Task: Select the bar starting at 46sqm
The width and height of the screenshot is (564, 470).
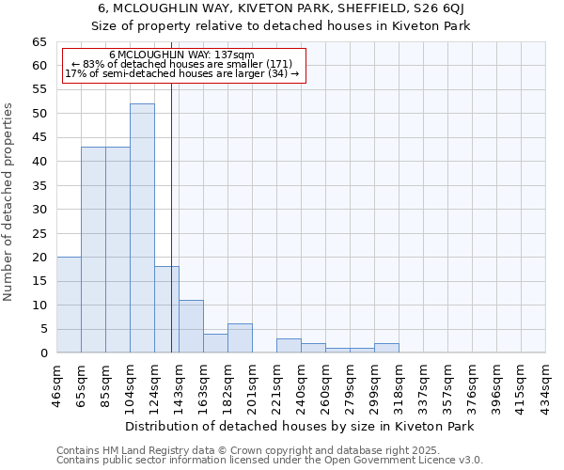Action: (x=69, y=305)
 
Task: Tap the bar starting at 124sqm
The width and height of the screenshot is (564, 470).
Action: (x=166, y=309)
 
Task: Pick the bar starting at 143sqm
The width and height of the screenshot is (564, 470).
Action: (x=191, y=326)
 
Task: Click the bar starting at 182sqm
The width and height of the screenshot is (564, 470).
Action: (x=240, y=338)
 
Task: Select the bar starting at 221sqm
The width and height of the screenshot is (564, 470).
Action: (x=289, y=345)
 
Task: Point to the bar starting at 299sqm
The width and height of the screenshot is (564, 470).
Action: (x=386, y=348)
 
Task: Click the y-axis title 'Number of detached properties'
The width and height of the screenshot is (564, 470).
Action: (x=8, y=202)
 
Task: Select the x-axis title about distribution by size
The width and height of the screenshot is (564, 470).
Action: (x=301, y=426)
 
